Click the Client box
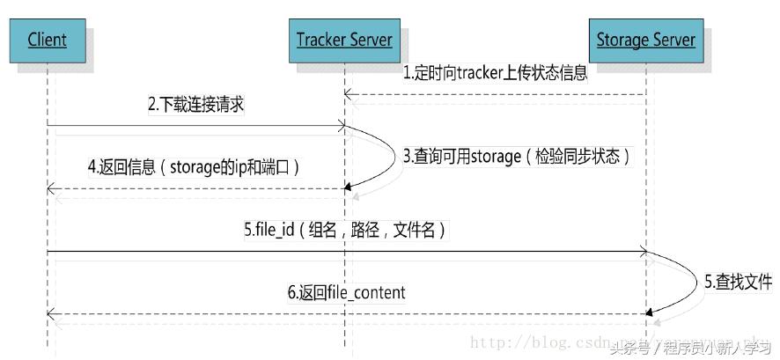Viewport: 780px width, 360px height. (47, 40)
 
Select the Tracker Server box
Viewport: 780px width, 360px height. (343, 40)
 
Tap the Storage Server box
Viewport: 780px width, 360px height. (645, 40)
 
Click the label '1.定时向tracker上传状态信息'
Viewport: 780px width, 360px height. (495, 74)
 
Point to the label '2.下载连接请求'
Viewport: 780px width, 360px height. (195, 105)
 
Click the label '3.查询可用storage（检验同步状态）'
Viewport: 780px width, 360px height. (517, 157)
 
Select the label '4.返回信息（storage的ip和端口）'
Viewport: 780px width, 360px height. (199, 165)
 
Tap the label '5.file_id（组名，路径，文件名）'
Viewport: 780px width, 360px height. (344, 231)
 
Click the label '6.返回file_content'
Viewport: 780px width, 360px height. (346, 292)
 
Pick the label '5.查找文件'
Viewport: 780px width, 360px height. (738, 282)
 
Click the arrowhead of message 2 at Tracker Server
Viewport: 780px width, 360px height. (340, 129)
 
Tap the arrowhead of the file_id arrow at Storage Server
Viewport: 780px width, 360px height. (643, 253)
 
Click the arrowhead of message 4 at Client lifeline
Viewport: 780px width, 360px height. (51, 188)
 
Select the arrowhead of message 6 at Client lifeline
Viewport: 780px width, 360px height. (51, 313)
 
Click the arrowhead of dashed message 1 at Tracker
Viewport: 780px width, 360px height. (348, 93)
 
